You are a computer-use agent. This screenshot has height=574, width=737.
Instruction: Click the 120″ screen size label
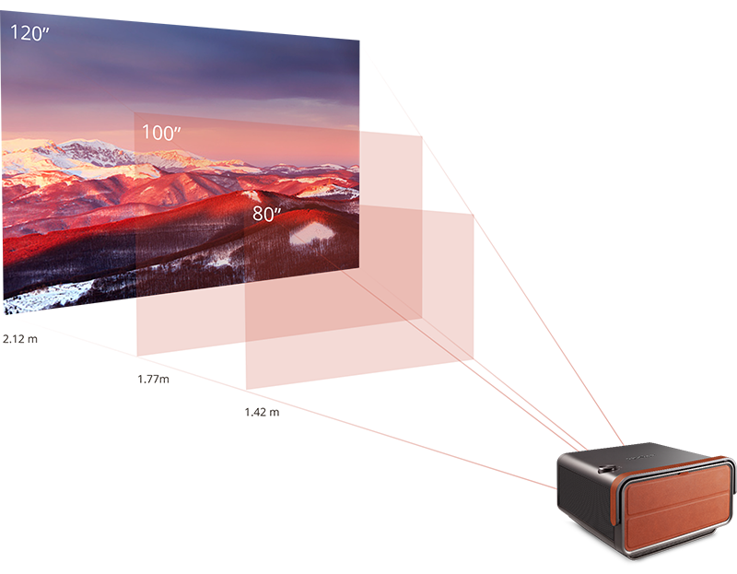(x=29, y=34)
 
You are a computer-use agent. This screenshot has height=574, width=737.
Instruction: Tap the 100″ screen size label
(x=160, y=133)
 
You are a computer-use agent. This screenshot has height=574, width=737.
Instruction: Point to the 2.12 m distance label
(x=20, y=338)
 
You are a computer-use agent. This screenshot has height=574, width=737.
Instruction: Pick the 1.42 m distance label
(x=262, y=412)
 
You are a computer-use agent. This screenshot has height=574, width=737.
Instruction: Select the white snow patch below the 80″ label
(x=310, y=232)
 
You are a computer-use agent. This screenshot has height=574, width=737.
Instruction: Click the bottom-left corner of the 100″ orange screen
(x=136, y=356)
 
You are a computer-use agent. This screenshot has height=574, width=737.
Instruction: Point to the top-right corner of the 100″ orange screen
(x=422, y=136)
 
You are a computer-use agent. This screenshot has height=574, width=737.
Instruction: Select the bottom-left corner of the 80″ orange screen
(x=245, y=388)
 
